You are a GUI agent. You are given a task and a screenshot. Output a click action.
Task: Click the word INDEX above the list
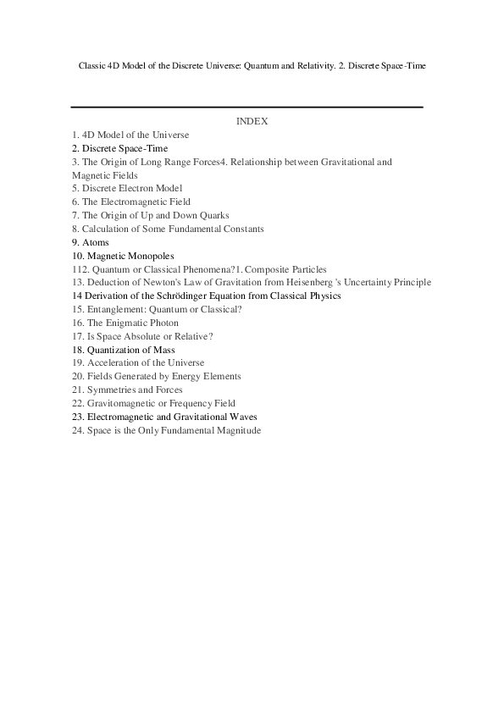252,121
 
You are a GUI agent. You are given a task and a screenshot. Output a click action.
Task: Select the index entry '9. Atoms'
91,242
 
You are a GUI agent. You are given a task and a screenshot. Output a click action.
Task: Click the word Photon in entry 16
163,323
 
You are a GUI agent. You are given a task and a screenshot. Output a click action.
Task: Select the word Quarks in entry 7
213,215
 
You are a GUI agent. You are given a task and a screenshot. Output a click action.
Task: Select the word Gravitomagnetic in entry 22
123,404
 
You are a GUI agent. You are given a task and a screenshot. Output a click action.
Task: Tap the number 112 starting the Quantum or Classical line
80,269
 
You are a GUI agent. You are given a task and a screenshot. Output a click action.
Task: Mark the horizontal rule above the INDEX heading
246,108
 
